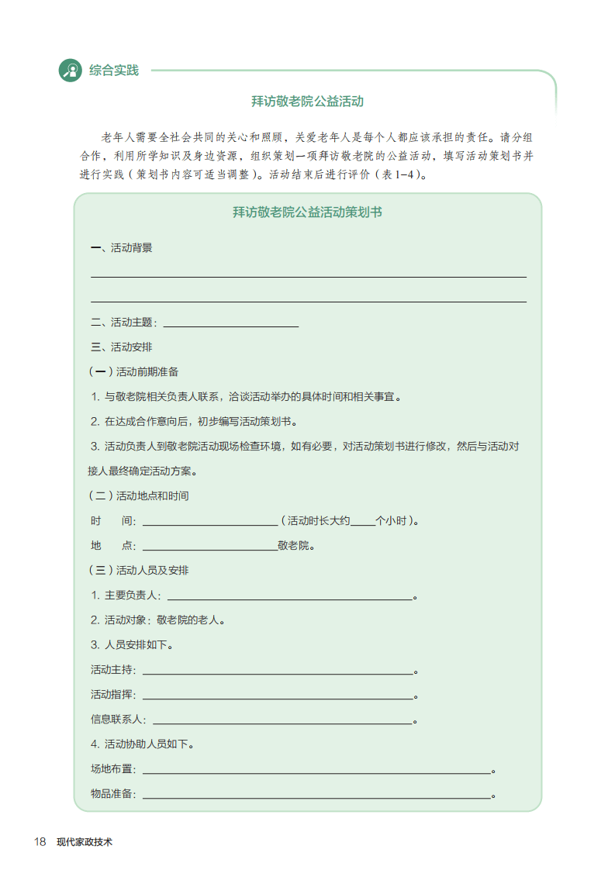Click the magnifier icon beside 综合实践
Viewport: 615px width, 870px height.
coord(71,71)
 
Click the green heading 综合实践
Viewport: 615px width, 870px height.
coord(114,71)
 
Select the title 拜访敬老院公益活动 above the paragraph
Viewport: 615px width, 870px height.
coord(307,101)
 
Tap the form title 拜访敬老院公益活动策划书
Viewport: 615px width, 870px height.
coord(307,212)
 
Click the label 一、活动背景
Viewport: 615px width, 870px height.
coord(122,248)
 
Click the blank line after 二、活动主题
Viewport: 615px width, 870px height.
coord(230,325)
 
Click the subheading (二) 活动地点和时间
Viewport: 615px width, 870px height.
coord(139,495)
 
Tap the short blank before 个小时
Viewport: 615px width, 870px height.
coord(362,523)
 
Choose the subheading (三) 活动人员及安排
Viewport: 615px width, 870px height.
coord(139,570)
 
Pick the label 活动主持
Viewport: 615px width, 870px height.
coord(112,670)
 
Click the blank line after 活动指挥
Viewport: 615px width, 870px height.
coord(277,696)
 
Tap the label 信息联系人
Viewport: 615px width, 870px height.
coord(118,720)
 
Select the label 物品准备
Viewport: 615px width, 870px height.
coord(112,794)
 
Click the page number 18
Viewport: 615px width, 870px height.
coord(40,841)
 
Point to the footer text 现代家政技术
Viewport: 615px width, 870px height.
coord(85,842)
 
